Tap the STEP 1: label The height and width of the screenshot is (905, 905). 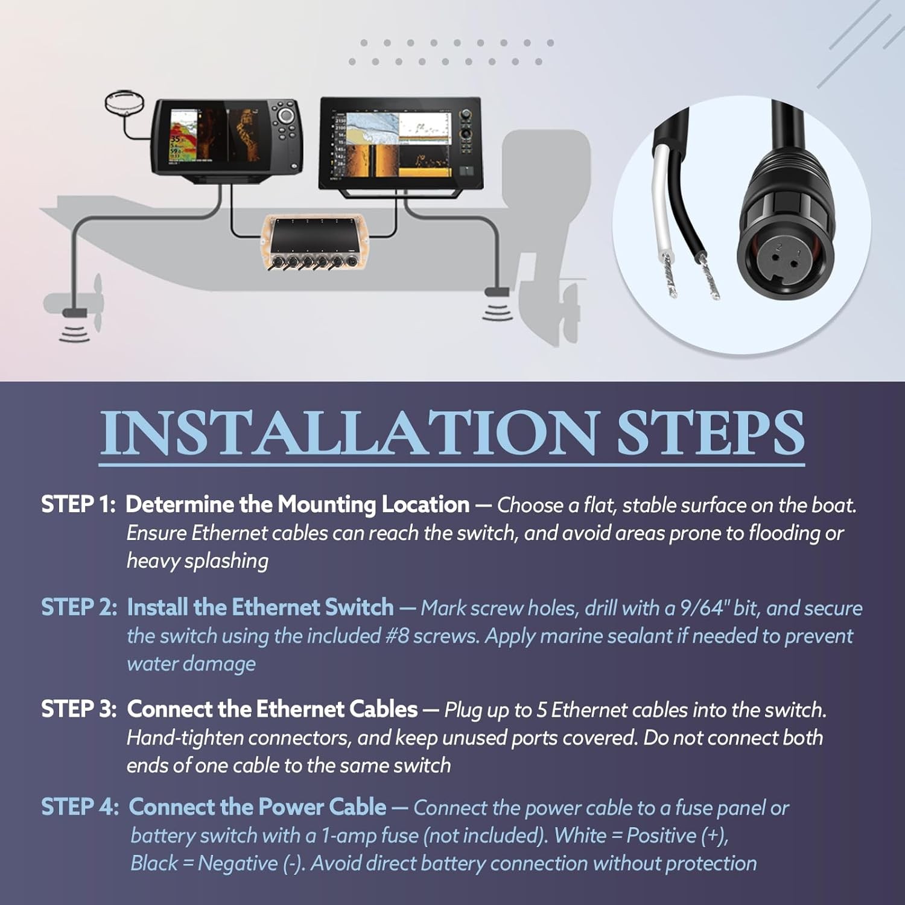[x=78, y=504]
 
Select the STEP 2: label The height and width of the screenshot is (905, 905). [x=79, y=607]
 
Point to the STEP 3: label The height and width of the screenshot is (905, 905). [x=79, y=709]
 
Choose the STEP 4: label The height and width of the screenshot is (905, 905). [x=80, y=807]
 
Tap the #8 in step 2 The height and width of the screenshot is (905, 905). [x=398, y=636]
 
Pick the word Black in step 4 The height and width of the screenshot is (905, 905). [x=154, y=863]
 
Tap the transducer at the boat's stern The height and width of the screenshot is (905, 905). [x=497, y=293]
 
